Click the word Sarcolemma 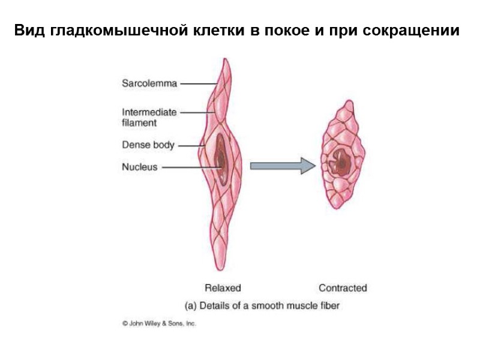[149, 83]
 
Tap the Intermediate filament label [149, 117]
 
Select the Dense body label [148, 145]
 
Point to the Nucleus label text [140, 167]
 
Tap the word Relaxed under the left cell [223, 288]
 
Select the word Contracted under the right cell [343, 288]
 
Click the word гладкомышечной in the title [134, 31]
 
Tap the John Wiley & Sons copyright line [159, 323]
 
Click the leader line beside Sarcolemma [196, 83]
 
